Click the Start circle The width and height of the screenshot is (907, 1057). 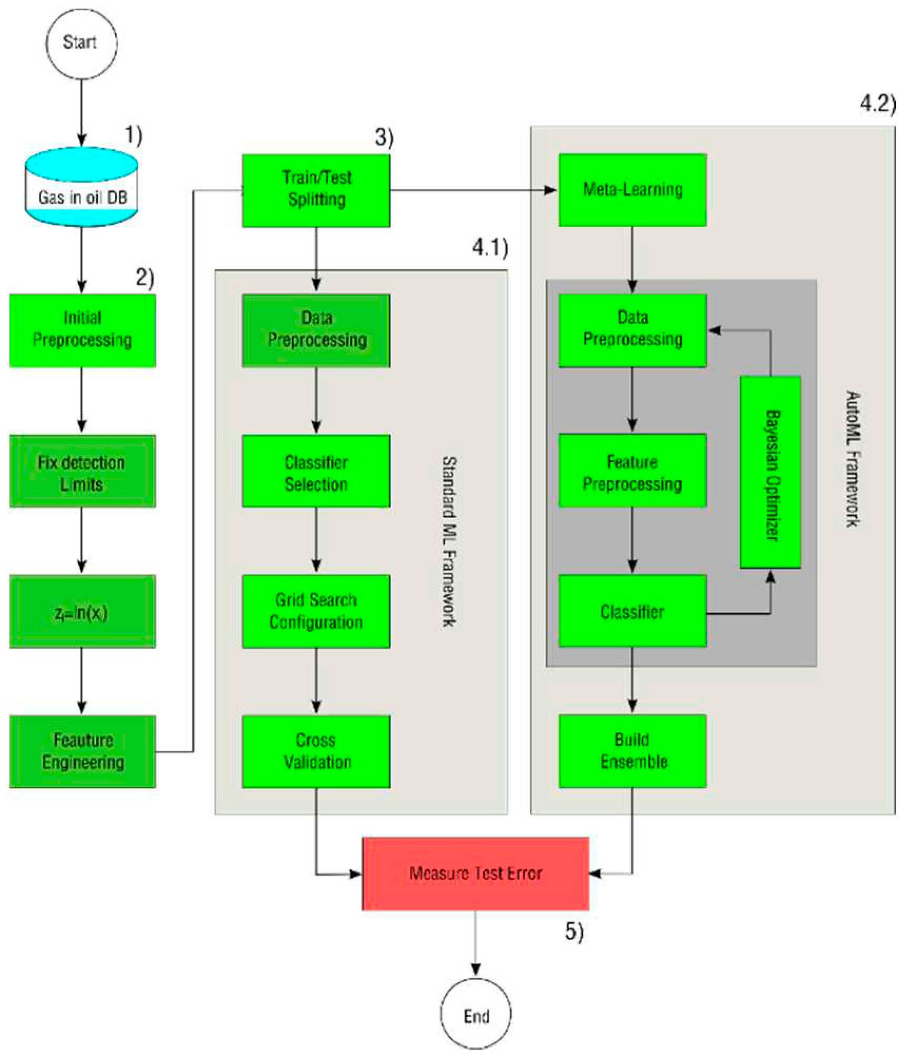tap(81, 44)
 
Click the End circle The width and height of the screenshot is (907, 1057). tap(475, 1014)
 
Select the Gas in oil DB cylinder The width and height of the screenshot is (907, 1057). tap(82, 187)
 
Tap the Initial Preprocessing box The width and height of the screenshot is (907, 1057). tap(82, 330)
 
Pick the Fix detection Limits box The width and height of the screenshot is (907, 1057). tap(82, 471)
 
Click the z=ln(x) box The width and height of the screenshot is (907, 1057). tap(82, 612)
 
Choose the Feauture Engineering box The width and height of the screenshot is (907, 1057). tap(82, 752)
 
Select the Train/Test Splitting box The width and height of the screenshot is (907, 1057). tap(316, 190)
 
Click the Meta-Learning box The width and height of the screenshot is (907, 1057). tap(632, 190)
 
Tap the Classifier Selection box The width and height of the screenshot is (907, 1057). tap(316, 471)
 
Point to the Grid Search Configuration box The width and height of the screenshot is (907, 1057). tap(316, 612)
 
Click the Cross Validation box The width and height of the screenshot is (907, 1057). tap(316, 752)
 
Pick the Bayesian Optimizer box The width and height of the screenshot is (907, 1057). tap(771, 472)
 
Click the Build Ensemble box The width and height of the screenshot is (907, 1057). tap(632, 751)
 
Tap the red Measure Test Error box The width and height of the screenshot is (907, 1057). tap(475, 874)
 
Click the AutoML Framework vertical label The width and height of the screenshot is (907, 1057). tap(853, 459)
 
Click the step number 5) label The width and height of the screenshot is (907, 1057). tap(574, 931)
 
